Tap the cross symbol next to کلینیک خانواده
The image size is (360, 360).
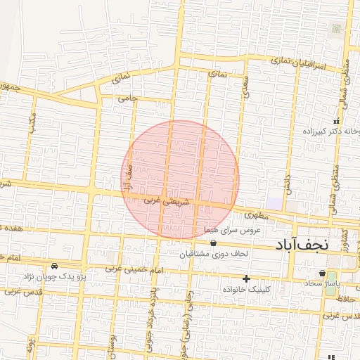coord(245,278)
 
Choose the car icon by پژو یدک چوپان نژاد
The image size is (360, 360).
coord(55,266)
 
